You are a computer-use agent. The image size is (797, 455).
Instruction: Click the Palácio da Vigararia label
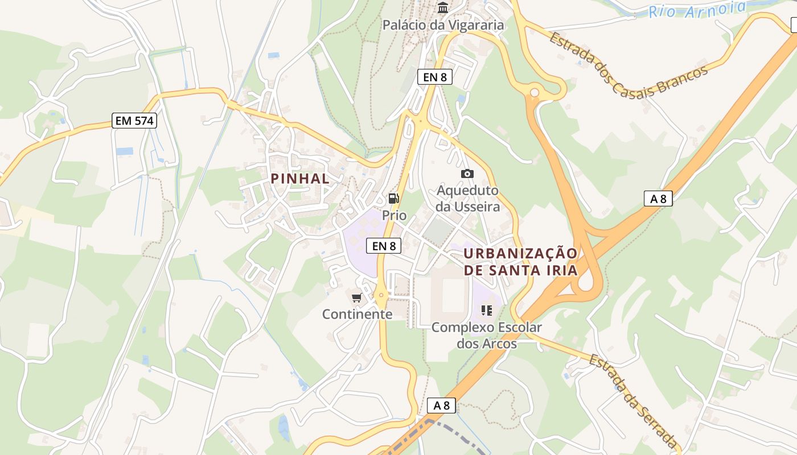click(x=443, y=25)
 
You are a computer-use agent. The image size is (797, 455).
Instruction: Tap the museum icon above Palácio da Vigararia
click(x=443, y=8)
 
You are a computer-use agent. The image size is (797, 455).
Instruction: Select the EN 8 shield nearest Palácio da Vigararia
click(x=435, y=77)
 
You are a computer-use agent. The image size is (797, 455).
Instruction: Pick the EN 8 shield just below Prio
click(x=384, y=246)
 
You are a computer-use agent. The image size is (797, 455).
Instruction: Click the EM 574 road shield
click(x=134, y=121)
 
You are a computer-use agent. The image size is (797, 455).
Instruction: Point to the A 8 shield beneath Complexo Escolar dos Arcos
click(x=442, y=406)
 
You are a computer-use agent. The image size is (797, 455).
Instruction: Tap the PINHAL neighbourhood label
click(x=300, y=179)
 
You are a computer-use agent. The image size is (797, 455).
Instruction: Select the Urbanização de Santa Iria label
click(x=520, y=262)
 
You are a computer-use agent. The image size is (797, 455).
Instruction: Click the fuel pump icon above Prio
click(x=393, y=198)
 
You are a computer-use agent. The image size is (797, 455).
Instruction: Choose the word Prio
click(x=395, y=216)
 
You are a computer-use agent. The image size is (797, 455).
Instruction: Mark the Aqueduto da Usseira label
click(x=467, y=198)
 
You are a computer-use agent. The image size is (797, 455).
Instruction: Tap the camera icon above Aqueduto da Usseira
click(x=467, y=173)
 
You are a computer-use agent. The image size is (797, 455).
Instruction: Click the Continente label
click(x=357, y=314)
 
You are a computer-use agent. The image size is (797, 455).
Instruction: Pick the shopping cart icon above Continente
click(x=357, y=297)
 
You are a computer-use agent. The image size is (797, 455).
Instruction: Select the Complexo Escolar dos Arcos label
click(x=487, y=336)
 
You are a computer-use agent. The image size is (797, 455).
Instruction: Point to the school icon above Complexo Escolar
click(x=487, y=310)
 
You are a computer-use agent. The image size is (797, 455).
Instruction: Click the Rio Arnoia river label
click(x=697, y=9)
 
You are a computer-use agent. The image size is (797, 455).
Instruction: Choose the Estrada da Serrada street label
click(x=632, y=401)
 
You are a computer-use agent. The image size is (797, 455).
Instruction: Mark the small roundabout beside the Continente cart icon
click(x=381, y=295)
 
